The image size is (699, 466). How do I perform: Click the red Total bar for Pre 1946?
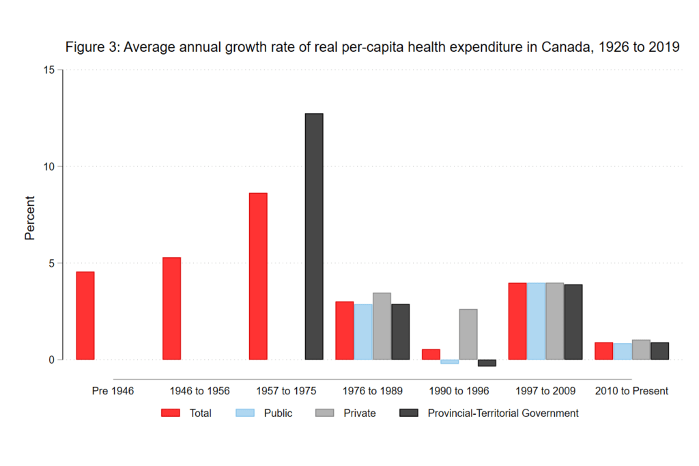coord(85,315)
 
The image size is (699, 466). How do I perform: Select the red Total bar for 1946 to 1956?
coord(171,308)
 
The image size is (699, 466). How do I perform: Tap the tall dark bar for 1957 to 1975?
coord(314,236)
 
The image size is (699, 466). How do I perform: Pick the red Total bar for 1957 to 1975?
coord(258,276)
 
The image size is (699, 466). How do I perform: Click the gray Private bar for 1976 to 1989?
coord(382,326)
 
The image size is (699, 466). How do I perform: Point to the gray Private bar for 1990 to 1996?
coord(468,334)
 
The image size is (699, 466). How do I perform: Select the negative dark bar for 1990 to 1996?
coord(487,363)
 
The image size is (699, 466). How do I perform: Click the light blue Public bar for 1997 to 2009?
coord(536,321)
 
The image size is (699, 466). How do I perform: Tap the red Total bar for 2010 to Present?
coord(603,351)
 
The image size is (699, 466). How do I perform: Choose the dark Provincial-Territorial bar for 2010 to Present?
coord(659,351)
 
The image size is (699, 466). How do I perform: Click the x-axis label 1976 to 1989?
coord(373,391)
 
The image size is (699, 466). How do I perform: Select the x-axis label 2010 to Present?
coord(631,391)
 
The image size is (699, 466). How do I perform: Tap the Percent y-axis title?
coord(30,218)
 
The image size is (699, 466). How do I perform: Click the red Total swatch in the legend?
coord(171,413)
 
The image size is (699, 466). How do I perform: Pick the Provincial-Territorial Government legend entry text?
coord(503,413)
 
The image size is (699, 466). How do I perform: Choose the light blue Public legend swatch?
coord(244,413)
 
